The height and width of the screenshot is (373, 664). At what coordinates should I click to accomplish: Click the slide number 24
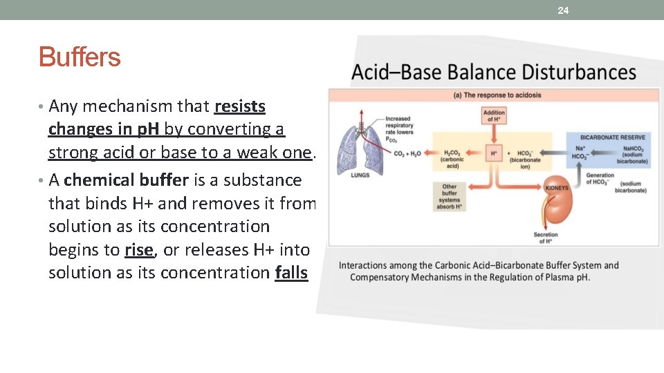click(x=563, y=10)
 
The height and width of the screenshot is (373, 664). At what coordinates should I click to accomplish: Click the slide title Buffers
click(x=80, y=57)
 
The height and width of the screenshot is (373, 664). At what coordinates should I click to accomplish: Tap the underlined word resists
click(x=240, y=106)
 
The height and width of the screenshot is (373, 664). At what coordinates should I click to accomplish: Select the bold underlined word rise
click(x=139, y=249)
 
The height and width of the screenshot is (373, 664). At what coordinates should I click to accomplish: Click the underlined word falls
click(x=291, y=273)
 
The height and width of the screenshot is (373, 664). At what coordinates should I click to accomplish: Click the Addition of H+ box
click(x=494, y=116)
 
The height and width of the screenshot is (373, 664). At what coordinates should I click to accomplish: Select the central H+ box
click(x=494, y=153)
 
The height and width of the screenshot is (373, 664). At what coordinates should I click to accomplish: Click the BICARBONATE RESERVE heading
click(x=612, y=137)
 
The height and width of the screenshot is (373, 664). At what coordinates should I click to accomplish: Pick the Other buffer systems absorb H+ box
click(x=450, y=195)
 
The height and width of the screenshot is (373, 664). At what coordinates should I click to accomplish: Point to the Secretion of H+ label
click(x=546, y=238)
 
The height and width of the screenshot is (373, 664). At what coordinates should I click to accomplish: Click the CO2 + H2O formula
click(x=408, y=153)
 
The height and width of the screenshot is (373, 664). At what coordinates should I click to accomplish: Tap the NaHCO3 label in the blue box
click(x=632, y=149)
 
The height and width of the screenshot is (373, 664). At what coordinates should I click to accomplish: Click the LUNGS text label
click(x=361, y=175)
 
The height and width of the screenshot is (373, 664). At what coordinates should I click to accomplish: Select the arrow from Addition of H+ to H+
click(x=494, y=134)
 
